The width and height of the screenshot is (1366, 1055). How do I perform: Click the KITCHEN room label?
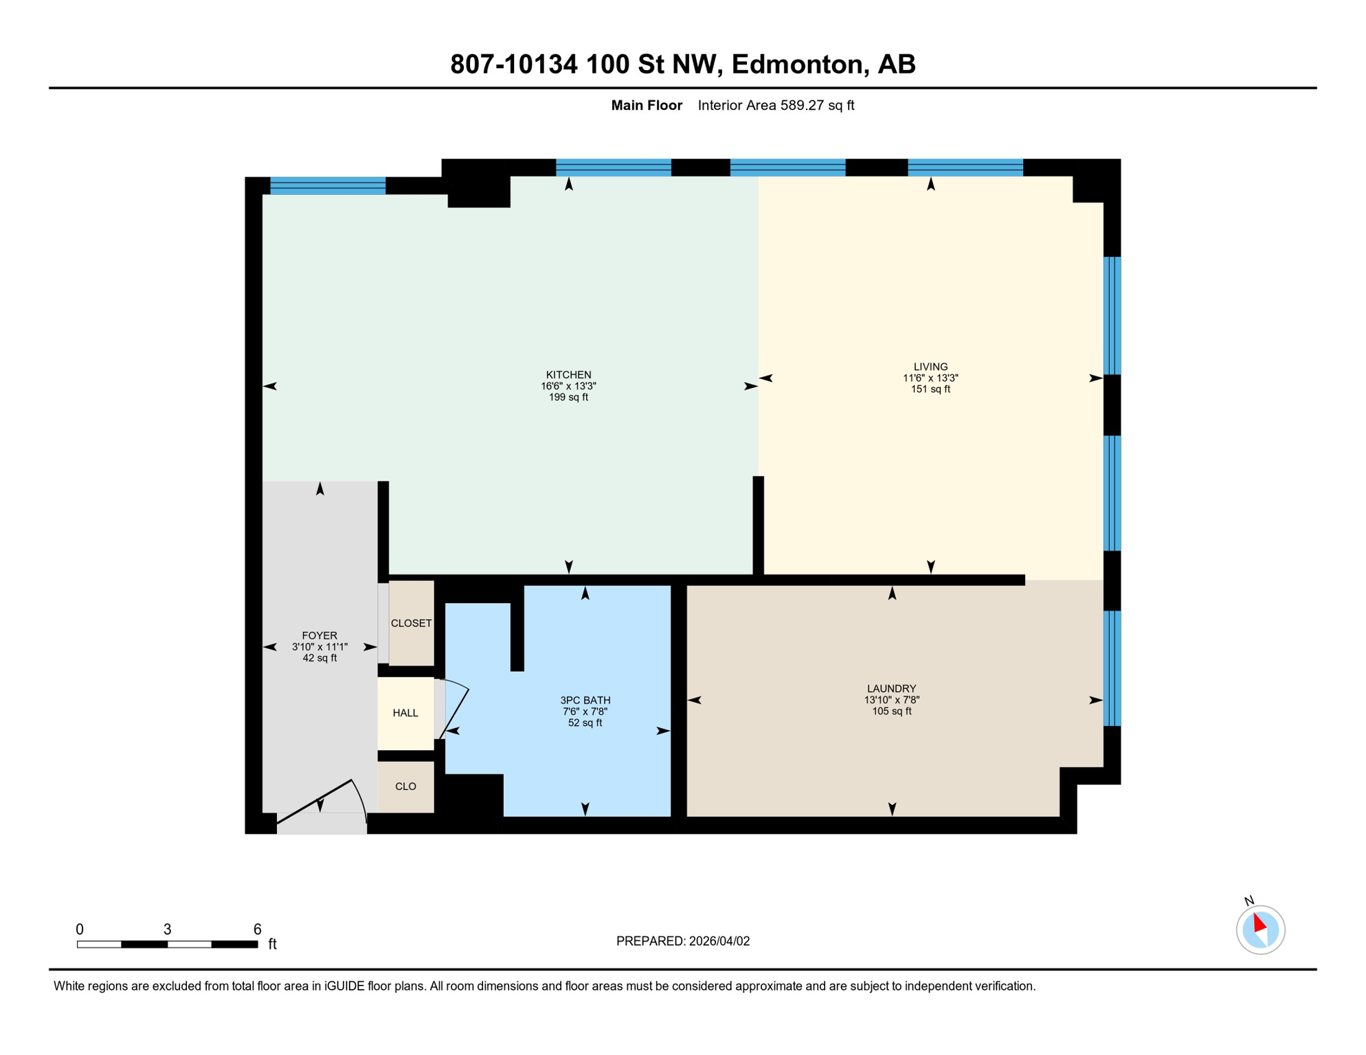click(568, 374)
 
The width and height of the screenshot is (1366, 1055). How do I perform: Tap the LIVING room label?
click(930, 367)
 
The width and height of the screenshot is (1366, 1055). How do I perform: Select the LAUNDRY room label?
click(891, 688)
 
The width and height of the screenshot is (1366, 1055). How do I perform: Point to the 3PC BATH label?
click(585, 701)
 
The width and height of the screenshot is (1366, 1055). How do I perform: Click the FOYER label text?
click(320, 635)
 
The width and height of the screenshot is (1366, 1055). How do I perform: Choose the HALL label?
click(405, 713)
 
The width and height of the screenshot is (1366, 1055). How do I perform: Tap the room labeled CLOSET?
click(411, 623)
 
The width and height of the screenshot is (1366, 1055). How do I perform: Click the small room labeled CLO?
click(405, 786)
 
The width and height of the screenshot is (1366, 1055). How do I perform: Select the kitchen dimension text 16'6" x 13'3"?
click(568, 386)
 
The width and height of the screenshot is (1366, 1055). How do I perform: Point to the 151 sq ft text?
click(930, 389)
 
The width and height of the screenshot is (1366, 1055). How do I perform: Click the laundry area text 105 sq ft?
click(891, 712)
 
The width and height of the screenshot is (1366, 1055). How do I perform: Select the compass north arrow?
click(1259, 924)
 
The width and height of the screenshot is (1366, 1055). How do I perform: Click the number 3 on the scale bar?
click(167, 929)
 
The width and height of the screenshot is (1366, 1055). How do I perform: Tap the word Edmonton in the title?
click(797, 64)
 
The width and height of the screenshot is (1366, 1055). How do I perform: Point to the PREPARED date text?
click(682, 941)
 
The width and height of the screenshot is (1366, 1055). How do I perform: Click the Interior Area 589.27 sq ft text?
click(776, 105)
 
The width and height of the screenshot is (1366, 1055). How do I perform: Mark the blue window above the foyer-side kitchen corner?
click(328, 186)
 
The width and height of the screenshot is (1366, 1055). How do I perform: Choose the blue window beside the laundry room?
click(1112, 668)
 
